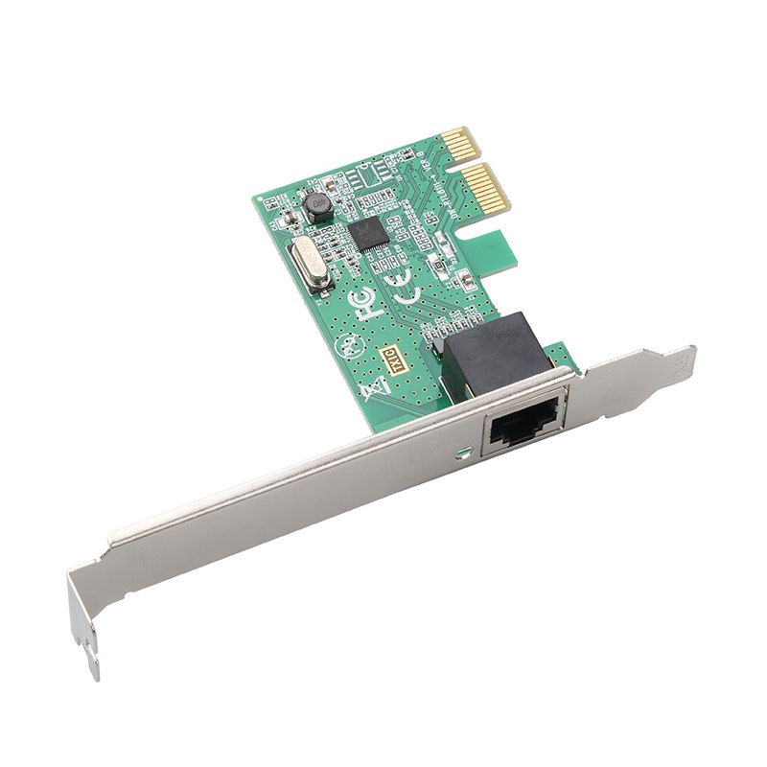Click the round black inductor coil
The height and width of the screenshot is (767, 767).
(314, 204)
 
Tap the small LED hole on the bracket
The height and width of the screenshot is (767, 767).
(464, 449)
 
